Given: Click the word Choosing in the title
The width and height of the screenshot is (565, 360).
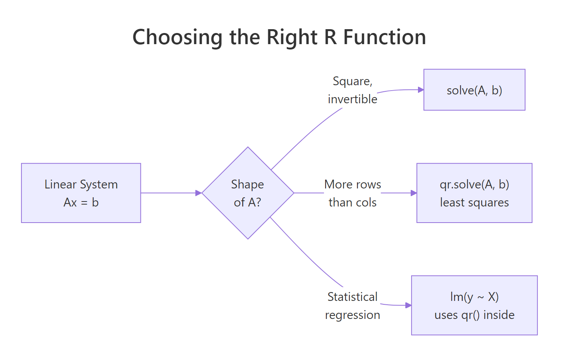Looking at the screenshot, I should [177, 38].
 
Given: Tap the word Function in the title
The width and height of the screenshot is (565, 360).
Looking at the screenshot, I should [384, 38].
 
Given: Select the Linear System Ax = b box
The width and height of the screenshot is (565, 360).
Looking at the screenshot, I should [81, 193].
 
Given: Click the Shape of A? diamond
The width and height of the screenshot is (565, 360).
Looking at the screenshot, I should [248, 193].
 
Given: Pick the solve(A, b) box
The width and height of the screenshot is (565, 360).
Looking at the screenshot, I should [474, 90].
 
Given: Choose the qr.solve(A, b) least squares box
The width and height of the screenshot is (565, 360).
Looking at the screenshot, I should [474, 193].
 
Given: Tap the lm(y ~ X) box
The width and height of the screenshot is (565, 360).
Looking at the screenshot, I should [474, 306].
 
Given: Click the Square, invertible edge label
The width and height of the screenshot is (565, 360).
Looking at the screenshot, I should [352, 90].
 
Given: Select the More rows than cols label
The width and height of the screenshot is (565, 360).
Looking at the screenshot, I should [352, 193].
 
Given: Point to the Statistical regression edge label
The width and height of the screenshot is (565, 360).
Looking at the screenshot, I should [352, 306].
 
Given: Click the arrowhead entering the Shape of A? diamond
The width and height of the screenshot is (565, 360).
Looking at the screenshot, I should [198, 193].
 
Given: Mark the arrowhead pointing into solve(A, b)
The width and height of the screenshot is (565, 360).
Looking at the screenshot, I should [421, 90].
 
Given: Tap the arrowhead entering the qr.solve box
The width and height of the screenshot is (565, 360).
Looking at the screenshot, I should [414, 193].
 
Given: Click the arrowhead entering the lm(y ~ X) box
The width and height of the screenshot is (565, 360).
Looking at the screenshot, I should [408, 306].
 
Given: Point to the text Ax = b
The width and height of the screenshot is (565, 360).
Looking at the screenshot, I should [81, 202].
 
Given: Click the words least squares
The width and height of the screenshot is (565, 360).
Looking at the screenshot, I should [474, 202].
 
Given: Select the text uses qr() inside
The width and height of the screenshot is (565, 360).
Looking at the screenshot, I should [474, 315].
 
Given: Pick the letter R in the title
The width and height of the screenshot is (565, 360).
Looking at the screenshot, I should [330, 38].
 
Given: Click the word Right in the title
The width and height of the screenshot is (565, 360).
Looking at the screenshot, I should [292, 38].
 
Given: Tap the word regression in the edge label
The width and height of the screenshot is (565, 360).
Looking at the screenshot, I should [352, 315].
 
